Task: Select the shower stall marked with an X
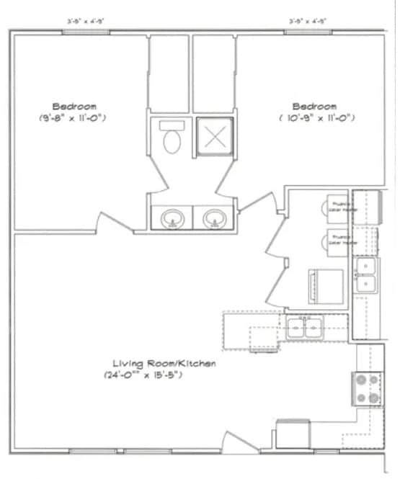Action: pyautogui.click(x=214, y=135)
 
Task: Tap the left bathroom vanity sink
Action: pyautogui.click(x=172, y=218)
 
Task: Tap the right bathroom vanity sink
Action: pyautogui.click(x=214, y=218)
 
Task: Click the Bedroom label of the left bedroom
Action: pyautogui.click(x=74, y=106)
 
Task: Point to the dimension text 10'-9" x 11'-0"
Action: pyautogui.click(x=316, y=117)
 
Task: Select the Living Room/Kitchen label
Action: pyautogui.click(x=164, y=364)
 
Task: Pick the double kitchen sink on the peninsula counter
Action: pyautogui.click(x=306, y=328)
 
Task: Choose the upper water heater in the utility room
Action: pyautogui.click(x=339, y=207)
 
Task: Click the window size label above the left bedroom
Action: pyautogui.click(x=86, y=22)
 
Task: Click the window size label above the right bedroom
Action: pyautogui.click(x=308, y=22)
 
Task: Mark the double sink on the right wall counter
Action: pyautogui.click(x=366, y=275)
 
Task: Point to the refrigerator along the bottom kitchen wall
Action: pyautogui.click(x=291, y=434)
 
